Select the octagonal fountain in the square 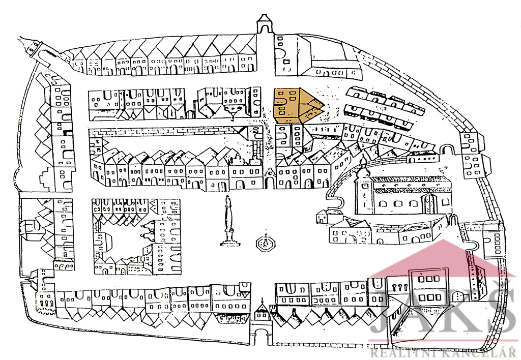click(x=265, y=244)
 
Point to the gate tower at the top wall click(x=265, y=24)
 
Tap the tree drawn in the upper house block click(x=234, y=109)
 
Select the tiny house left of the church click(x=322, y=217)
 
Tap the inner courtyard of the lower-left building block click(x=122, y=242)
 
